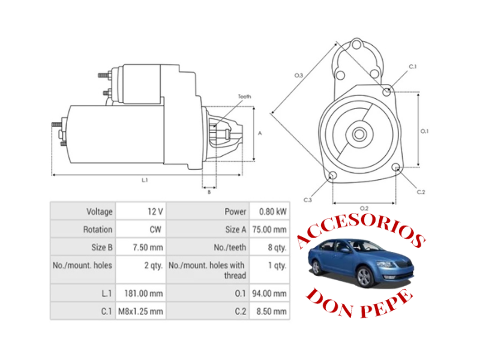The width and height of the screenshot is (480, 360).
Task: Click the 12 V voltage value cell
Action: (x=155, y=211)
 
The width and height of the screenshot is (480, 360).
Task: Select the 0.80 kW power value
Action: (x=272, y=211)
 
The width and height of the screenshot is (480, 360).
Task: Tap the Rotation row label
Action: (x=97, y=229)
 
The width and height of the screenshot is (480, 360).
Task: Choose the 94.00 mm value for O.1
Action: (x=272, y=293)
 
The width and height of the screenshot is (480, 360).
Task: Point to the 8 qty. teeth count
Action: (x=277, y=247)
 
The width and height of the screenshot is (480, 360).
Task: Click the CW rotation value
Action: (x=155, y=229)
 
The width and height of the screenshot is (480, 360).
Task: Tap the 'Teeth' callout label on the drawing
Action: (x=244, y=97)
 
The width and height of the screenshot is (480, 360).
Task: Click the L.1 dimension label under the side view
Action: (x=145, y=179)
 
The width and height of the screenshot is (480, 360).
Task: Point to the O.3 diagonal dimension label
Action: (x=298, y=75)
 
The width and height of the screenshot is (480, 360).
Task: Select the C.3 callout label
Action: (x=308, y=199)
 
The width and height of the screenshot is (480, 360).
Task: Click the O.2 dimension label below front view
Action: (x=364, y=208)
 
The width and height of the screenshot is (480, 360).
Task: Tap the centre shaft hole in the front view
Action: (x=359, y=134)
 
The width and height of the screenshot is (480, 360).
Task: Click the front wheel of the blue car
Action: (x=364, y=277)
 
